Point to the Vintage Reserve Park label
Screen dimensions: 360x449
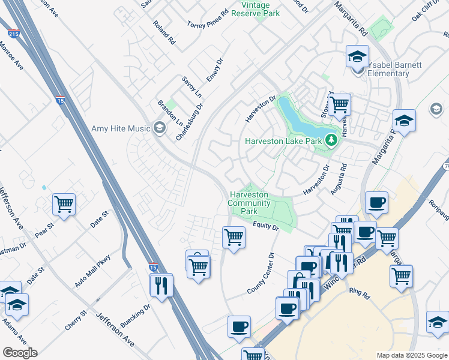[260, 8]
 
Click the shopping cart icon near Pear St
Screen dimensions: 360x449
[64, 204]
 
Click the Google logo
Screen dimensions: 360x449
[20, 352]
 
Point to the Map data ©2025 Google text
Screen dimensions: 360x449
[411, 355]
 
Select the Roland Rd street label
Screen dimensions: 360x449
[163, 34]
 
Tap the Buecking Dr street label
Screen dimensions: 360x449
[135, 316]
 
